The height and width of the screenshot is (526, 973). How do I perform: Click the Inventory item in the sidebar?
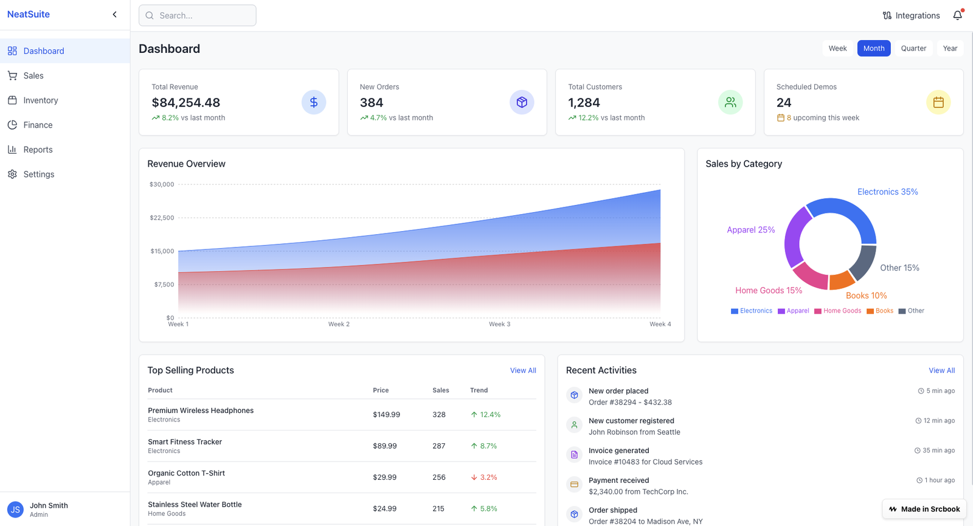40,100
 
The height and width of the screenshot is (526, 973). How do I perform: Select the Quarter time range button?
913,49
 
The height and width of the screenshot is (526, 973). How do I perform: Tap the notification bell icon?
957,15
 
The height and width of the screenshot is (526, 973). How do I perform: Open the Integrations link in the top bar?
911,16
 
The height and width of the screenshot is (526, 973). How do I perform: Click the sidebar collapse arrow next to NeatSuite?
114,15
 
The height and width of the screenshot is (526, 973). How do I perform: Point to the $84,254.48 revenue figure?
185,103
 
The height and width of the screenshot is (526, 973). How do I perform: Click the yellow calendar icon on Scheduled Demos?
938,102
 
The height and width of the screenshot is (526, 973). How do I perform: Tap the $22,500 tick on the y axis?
162,218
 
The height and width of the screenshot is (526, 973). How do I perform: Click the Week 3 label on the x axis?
499,324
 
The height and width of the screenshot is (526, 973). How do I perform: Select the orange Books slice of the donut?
842,280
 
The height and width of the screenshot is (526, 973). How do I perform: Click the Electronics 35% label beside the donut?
887,192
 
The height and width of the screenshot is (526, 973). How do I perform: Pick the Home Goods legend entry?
838,311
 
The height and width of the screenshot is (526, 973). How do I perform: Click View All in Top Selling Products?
522,370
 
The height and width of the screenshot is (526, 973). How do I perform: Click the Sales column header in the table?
440,390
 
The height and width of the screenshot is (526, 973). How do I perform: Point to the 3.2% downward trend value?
488,477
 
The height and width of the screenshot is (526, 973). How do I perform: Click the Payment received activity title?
618,480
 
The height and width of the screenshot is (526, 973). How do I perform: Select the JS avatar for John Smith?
15,510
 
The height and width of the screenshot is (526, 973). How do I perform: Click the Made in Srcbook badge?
924,509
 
